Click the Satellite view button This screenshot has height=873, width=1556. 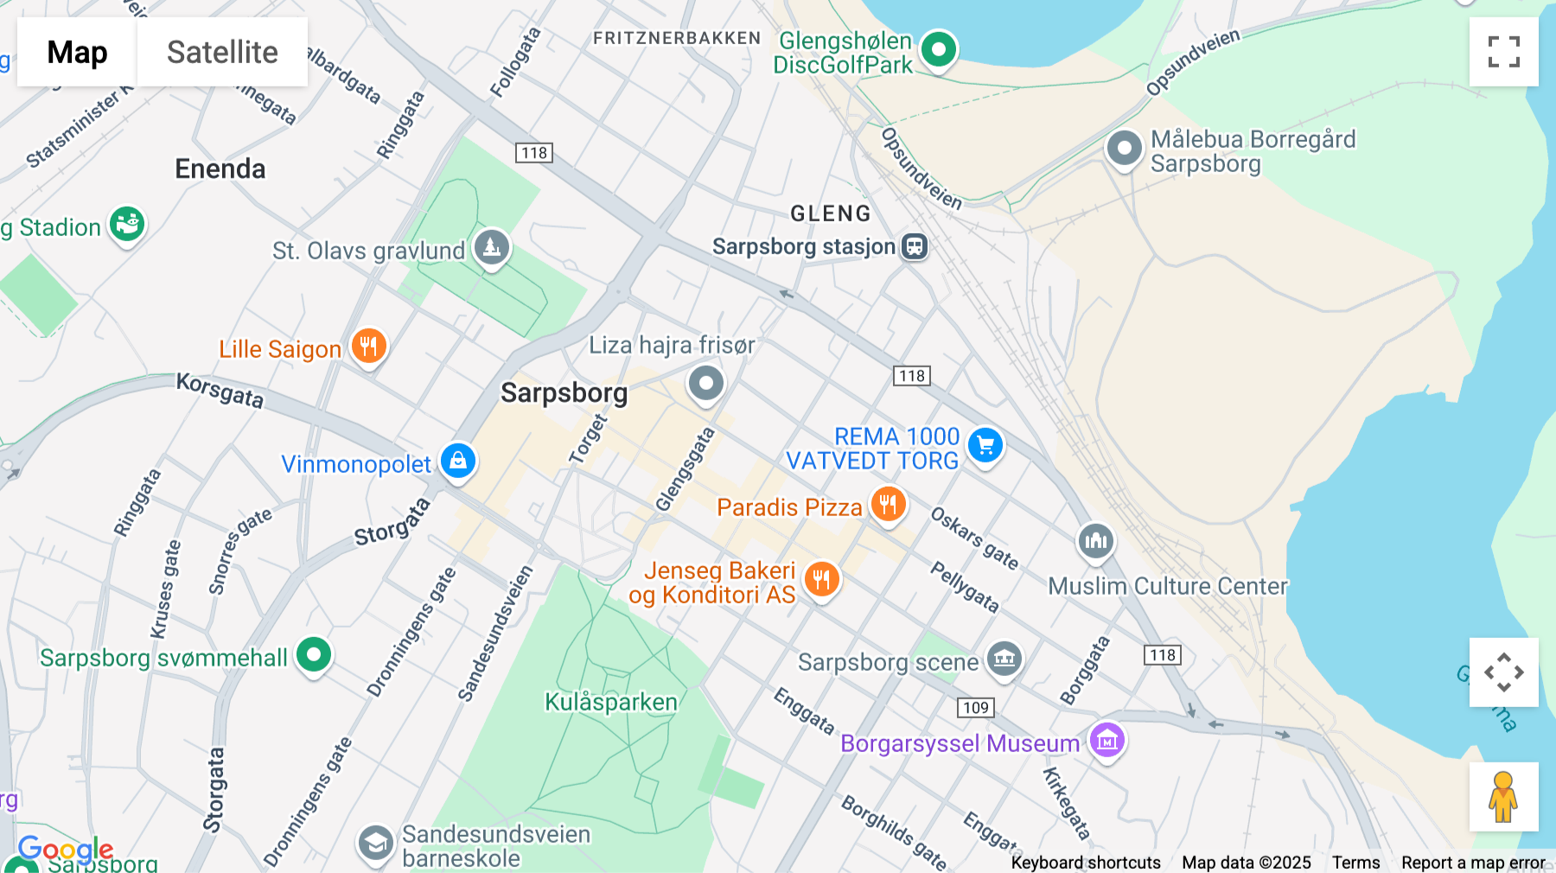[222, 52]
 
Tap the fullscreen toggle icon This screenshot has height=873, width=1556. [1503, 52]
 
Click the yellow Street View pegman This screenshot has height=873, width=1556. [1503, 797]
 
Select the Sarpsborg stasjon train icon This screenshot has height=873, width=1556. [915, 246]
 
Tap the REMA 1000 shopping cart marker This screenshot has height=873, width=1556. [985, 446]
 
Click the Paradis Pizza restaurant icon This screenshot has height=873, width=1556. [888, 504]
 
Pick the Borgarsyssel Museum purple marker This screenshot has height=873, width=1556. [1106, 741]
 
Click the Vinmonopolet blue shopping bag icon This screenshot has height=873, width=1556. [458, 461]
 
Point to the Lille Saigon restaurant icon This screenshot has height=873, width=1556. [369, 347]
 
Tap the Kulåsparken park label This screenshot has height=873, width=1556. [610, 702]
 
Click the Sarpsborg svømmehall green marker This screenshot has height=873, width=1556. [314, 654]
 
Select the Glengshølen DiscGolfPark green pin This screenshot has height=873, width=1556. [938, 49]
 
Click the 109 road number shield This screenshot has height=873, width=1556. [976, 708]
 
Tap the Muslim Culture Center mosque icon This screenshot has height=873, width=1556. [1095, 542]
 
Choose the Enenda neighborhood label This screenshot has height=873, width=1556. [220, 169]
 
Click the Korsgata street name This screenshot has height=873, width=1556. [220, 391]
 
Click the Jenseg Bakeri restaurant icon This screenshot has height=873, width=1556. [821, 579]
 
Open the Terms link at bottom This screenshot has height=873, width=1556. [1355, 863]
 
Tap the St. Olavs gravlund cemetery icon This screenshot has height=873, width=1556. [492, 248]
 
